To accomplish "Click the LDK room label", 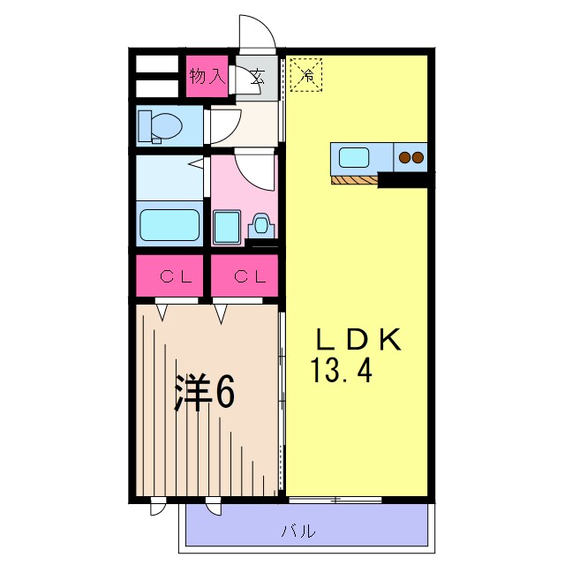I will point(359,341).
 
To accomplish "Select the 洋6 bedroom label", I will point(204,393).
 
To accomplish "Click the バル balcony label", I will point(298,531).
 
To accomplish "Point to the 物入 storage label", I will point(207,77).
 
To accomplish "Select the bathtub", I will point(172,225).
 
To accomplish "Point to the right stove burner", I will point(418,159).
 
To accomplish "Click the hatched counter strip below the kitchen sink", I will point(355,181).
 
